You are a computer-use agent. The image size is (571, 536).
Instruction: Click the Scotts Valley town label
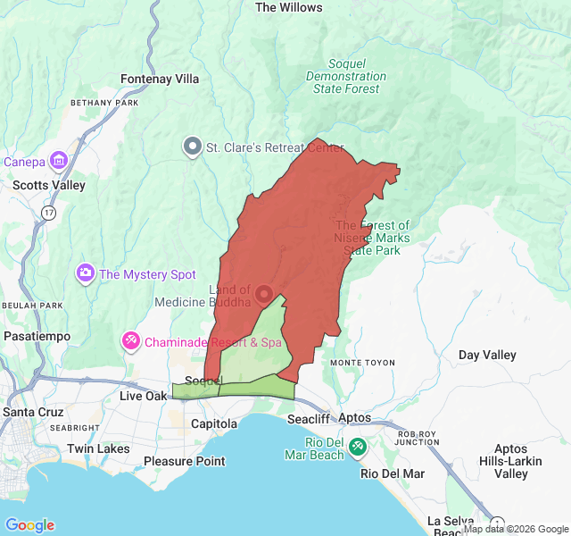tap(49, 185)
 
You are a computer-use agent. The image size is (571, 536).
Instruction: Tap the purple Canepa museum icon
tap(60, 161)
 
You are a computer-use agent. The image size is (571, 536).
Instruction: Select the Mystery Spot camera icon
tap(86, 272)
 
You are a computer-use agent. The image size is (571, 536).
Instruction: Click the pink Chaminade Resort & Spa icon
tap(130, 340)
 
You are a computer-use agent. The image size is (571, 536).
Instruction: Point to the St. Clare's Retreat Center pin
tap(192, 147)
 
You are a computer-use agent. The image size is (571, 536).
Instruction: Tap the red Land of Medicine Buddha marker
tap(264, 293)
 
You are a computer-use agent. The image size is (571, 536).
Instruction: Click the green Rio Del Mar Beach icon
tap(357, 446)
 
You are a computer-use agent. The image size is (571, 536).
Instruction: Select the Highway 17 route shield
tap(47, 212)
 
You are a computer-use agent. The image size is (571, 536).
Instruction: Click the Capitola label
tap(214, 423)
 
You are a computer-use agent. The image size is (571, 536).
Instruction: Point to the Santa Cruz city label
tap(32, 412)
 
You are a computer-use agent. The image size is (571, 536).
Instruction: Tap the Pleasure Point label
tap(184, 461)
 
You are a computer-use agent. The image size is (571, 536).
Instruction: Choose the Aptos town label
tap(354, 417)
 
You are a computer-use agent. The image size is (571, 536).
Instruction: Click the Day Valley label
tap(487, 355)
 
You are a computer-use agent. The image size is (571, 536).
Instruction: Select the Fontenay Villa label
tap(160, 79)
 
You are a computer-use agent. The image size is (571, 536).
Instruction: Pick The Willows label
tap(288, 7)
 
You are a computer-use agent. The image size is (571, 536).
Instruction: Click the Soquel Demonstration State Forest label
tap(346, 77)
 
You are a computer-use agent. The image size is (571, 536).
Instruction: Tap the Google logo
tap(29, 525)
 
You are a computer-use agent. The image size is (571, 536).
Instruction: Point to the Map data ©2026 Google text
tap(515, 528)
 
